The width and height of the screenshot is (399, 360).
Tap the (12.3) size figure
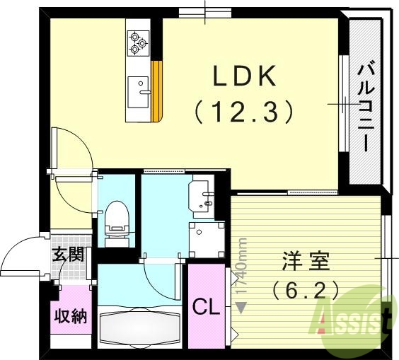[x=243, y=110]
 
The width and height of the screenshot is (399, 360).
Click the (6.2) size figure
[x=305, y=289]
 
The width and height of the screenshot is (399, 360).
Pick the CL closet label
[x=205, y=306]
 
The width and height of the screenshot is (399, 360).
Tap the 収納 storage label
[x=71, y=315]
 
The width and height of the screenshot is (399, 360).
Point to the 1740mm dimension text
[x=242, y=269]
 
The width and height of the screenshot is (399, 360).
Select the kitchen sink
[x=139, y=90]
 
